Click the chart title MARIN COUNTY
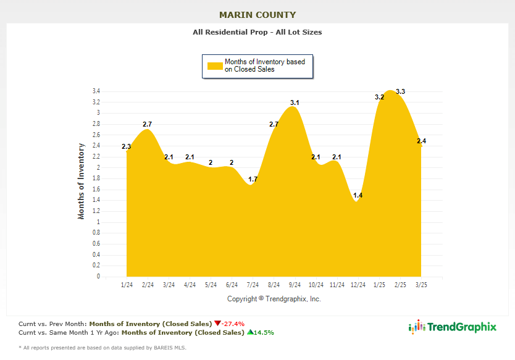(x=257, y=15)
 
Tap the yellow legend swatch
(x=214, y=65)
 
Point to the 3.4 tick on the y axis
(x=96, y=91)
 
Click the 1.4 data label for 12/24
(x=358, y=196)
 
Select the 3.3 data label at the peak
(x=400, y=92)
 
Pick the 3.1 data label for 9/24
(x=295, y=103)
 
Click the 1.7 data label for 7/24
(x=253, y=180)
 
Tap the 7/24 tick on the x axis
(x=253, y=285)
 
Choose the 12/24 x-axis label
(x=358, y=285)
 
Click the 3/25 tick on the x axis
(x=421, y=285)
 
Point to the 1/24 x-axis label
(x=127, y=285)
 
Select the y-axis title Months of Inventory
(x=81, y=181)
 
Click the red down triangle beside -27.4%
(x=217, y=323)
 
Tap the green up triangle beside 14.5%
(x=250, y=332)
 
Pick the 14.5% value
(x=264, y=332)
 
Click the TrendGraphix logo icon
(x=418, y=327)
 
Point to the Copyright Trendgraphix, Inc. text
(x=274, y=299)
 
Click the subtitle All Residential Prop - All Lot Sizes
(x=257, y=32)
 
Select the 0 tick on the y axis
(x=98, y=277)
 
